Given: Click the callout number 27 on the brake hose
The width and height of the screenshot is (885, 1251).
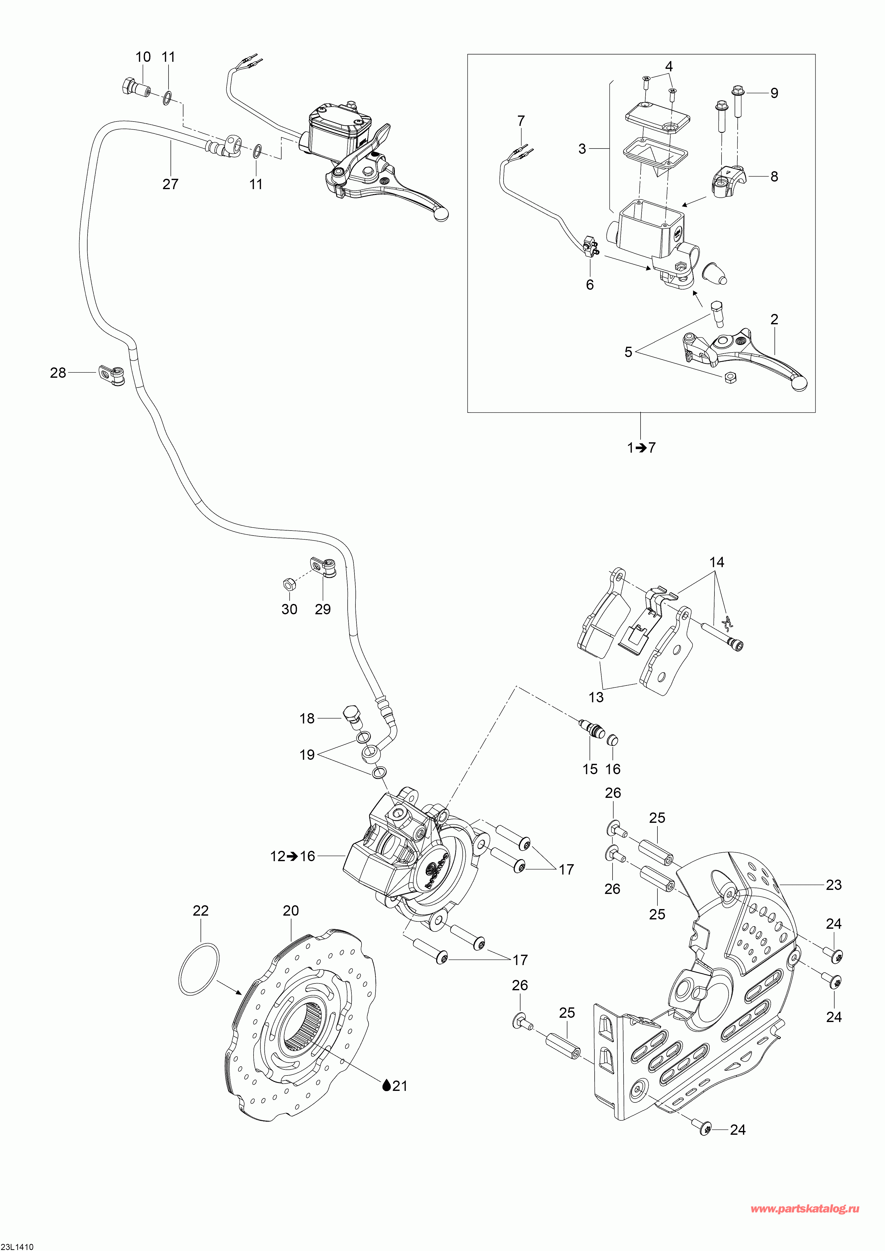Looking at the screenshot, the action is pos(171,184).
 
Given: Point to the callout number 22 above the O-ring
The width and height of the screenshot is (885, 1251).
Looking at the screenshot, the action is pos(201,911).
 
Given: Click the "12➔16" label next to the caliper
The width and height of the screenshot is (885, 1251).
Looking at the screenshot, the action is pos(293,856).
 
